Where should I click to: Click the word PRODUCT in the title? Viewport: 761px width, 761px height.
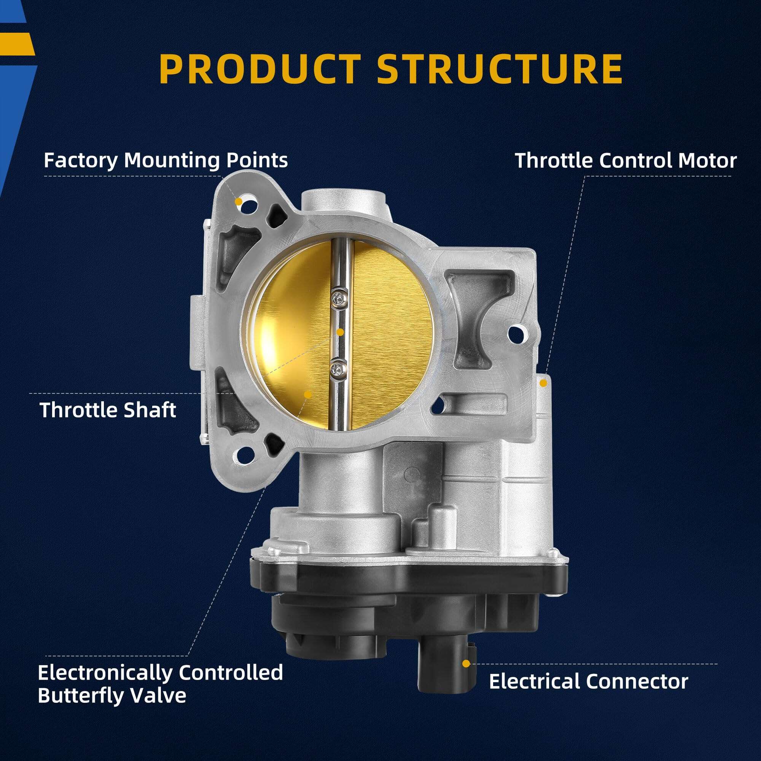coord(260,69)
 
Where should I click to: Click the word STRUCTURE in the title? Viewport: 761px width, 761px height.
coord(500,69)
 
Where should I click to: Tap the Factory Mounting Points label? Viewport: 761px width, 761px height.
coord(166,161)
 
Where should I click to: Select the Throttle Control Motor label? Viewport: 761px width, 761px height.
coord(626,161)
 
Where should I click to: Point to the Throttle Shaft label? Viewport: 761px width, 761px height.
coord(108,410)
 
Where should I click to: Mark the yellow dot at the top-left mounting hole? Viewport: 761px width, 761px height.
coord(238,202)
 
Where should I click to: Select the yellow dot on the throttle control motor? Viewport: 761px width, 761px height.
coord(543,382)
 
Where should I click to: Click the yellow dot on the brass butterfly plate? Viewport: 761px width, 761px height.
coord(308,394)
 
